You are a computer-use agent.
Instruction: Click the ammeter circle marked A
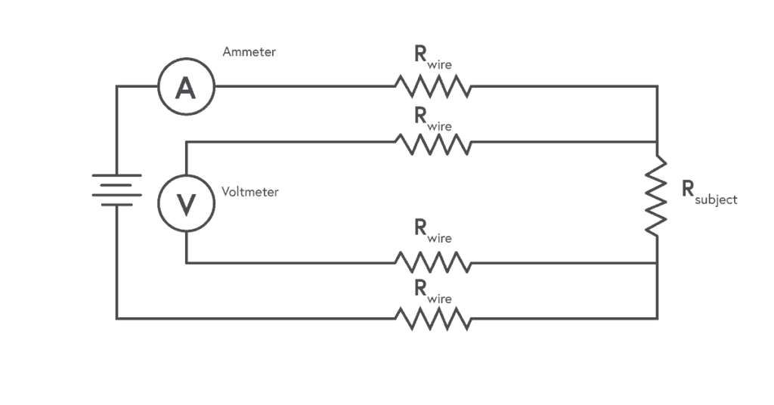(186, 58)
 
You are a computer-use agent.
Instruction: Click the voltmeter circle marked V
(186, 175)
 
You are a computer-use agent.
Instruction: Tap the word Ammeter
(249, 52)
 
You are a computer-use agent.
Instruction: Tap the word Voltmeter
(249, 191)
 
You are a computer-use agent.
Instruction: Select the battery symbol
(117, 190)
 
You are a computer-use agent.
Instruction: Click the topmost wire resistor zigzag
(433, 86)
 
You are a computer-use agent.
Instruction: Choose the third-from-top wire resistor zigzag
(433, 262)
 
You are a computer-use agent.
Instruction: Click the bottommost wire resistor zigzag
(433, 319)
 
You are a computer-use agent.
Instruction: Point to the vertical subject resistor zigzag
(657, 196)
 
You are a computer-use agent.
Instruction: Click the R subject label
(709, 193)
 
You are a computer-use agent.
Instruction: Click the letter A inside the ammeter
(186, 88)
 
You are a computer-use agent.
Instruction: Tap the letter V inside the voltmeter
(186, 205)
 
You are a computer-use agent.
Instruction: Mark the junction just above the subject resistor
(657, 142)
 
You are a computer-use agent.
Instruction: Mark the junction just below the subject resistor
(657, 263)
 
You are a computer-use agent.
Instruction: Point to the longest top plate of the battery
(117, 175)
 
